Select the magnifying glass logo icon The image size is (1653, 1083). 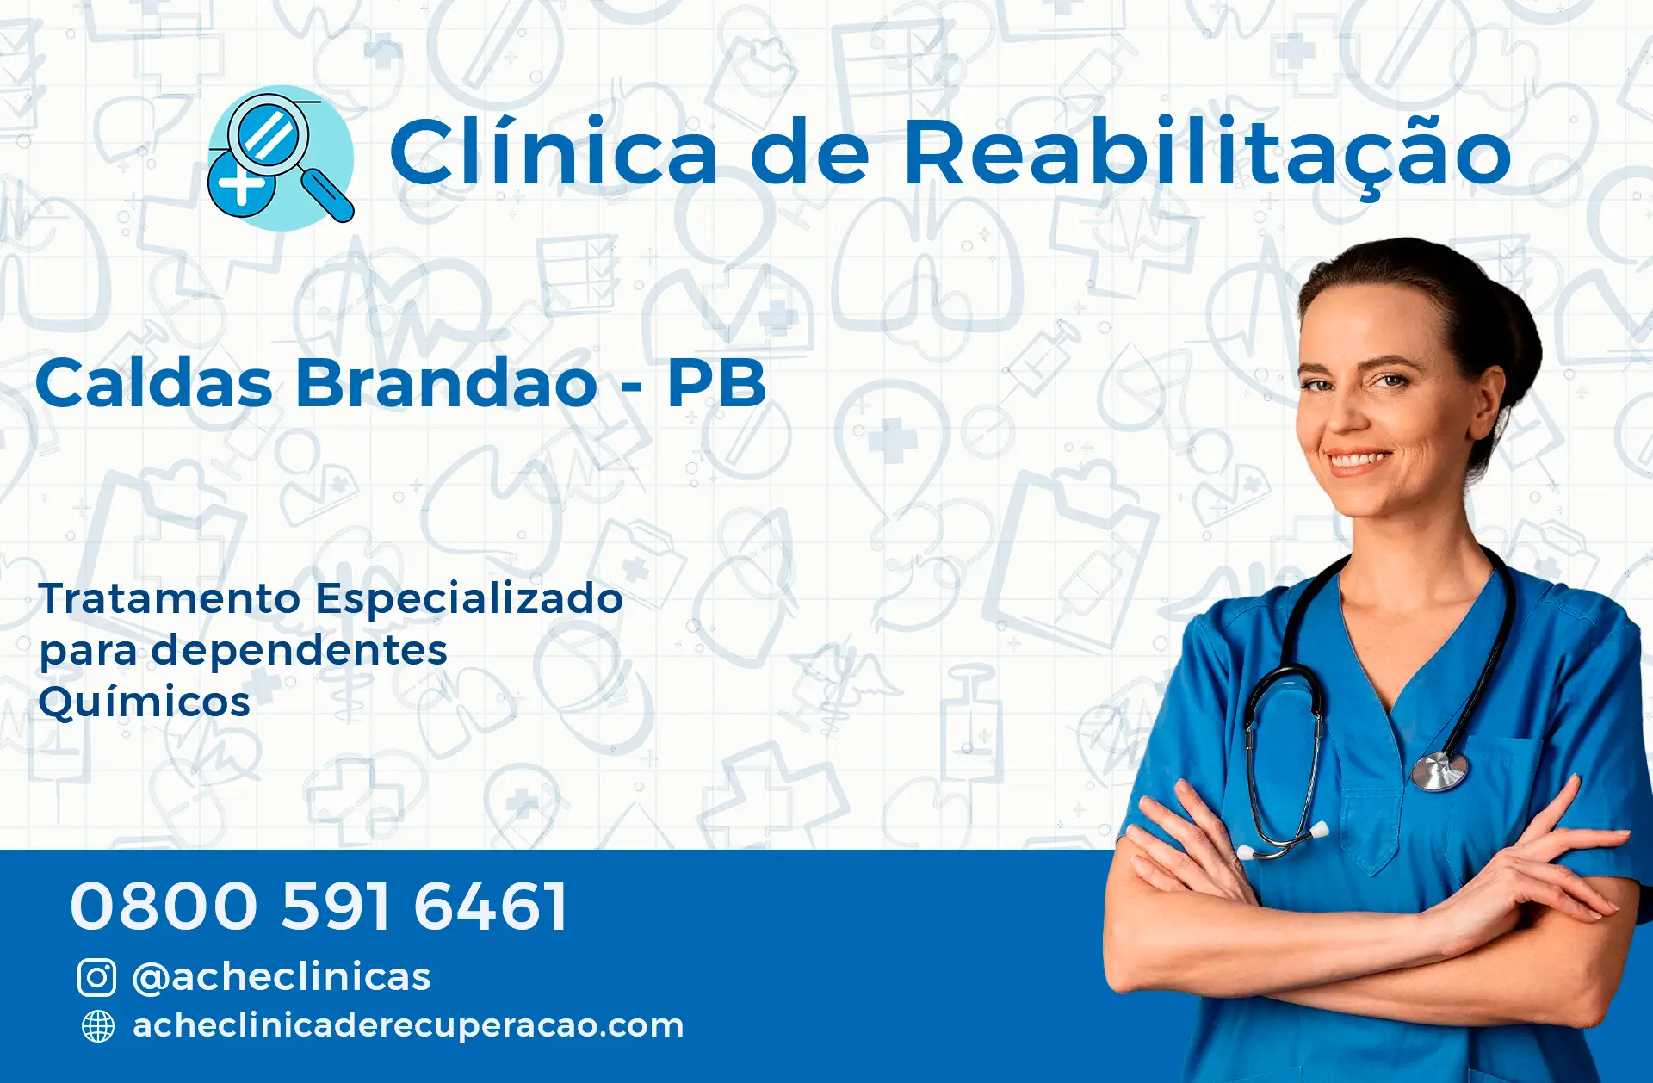(x=281, y=158)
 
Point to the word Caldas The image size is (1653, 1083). (x=154, y=382)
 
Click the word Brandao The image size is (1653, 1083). (x=446, y=382)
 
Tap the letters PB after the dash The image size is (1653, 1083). (x=716, y=383)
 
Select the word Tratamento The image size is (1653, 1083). (x=170, y=598)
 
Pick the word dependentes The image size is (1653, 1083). (x=300, y=650)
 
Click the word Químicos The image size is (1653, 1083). (x=145, y=702)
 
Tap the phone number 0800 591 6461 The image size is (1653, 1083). (x=319, y=907)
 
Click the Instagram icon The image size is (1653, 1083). (x=96, y=978)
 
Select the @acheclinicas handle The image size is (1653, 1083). (x=281, y=978)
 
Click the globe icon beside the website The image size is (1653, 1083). (x=97, y=1026)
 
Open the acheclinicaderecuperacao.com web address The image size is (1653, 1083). (x=408, y=1026)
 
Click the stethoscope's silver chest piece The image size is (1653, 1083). (x=1439, y=770)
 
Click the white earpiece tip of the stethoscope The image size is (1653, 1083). (x=1319, y=831)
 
